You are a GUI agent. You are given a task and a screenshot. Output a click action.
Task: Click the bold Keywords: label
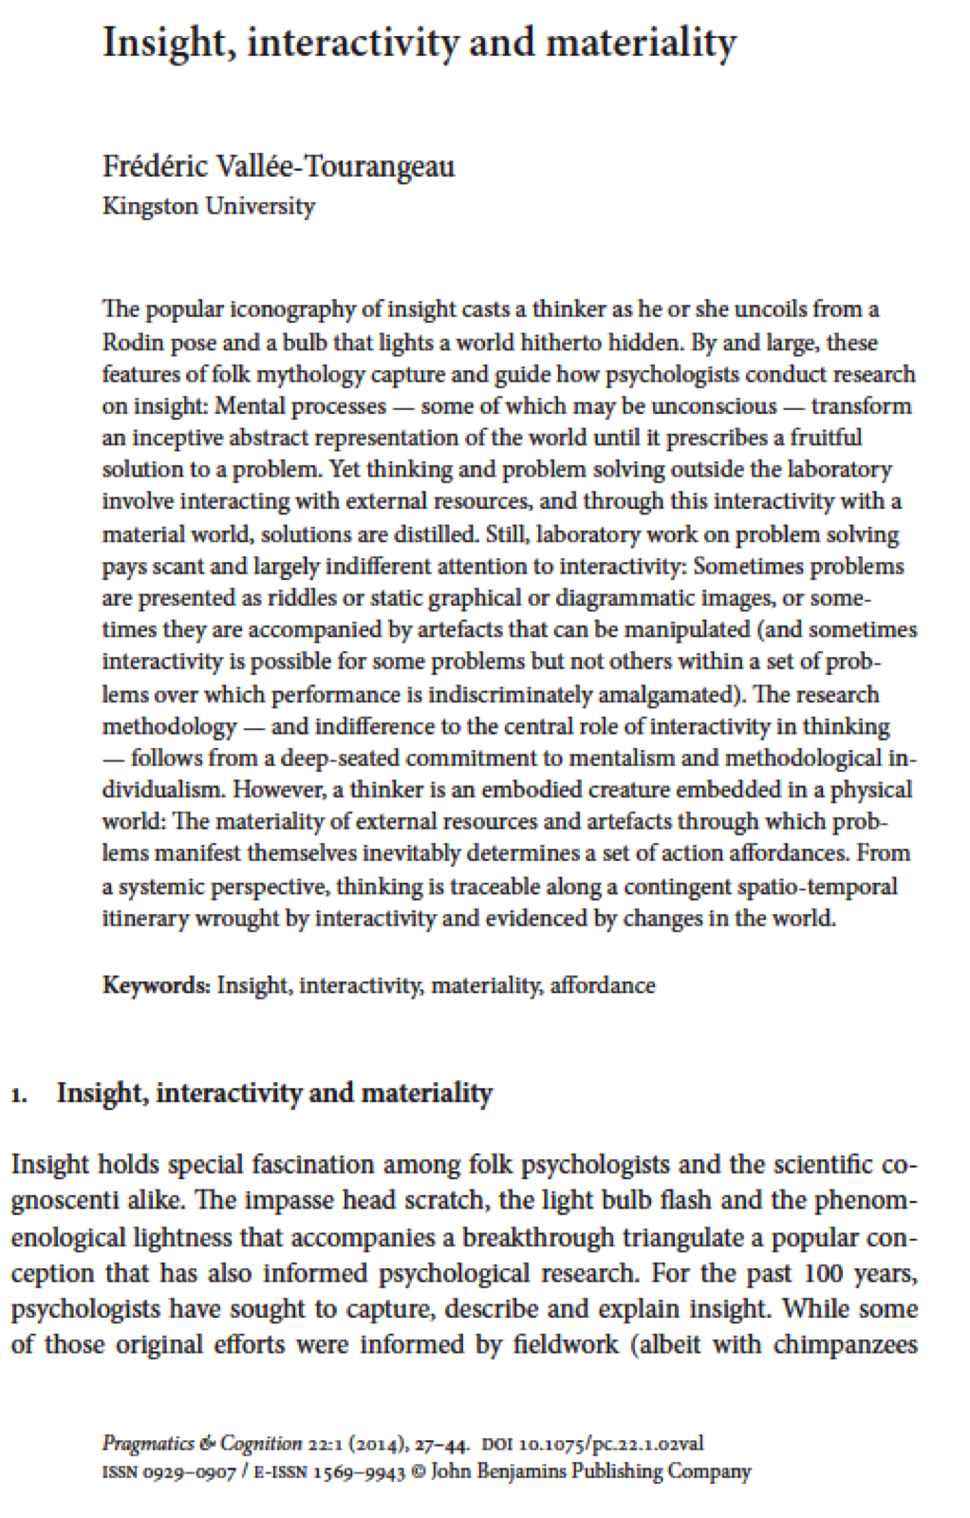(156, 984)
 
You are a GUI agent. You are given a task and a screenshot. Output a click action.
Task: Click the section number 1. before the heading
(19, 1095)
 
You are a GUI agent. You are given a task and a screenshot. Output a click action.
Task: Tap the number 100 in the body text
(823, 1273)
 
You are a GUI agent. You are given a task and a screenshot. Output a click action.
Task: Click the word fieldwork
(566, 1345)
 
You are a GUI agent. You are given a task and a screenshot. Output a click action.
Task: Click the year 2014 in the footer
(379, 1444)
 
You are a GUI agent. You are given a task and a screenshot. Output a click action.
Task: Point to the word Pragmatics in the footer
(148, 1444)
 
